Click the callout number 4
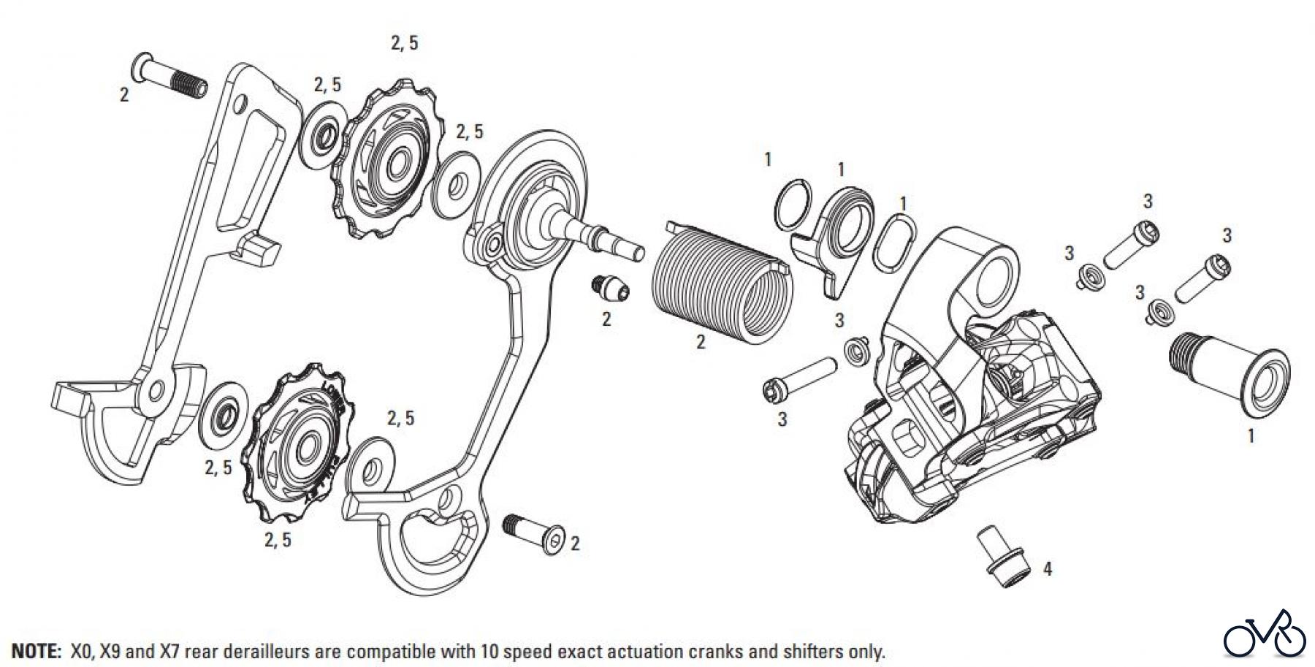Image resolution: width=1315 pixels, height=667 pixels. [x=1047, y=568]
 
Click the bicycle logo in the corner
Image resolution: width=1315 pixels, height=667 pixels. [x=1264, y=636]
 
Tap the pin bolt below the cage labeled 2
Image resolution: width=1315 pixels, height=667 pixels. [x=533, y=533]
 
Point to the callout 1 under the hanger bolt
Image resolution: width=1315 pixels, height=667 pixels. [x=1250, y=436]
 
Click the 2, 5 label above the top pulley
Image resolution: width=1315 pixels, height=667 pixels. [x=404, y=43]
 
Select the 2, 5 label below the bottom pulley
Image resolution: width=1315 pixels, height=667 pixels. [x=278, y=540]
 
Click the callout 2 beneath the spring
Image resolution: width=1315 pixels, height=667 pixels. [x=701, y=342]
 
